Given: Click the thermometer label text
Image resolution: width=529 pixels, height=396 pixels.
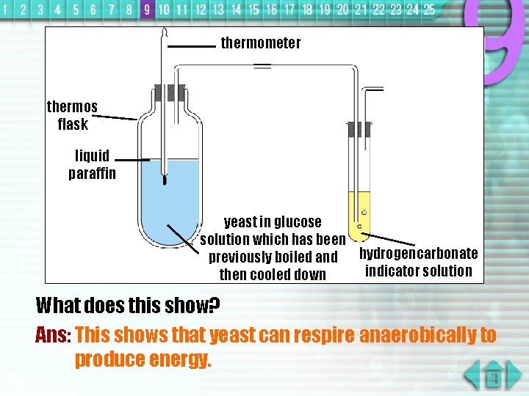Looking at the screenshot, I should [261, 43].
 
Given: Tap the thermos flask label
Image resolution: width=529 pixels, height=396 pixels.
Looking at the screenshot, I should [72, 115].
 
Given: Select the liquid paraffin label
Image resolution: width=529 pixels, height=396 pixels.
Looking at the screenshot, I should [92, 164].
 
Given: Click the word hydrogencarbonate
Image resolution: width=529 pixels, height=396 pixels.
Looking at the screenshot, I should [418, 254].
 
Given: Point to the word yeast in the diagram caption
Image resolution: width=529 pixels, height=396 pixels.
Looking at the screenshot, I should [240, 222].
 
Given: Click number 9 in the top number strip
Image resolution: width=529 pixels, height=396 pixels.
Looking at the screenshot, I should [146, 10].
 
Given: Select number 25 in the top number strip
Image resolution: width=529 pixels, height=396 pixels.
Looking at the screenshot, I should [429, 10].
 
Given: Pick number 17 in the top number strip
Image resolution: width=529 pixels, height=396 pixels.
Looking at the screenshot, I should [289, 10].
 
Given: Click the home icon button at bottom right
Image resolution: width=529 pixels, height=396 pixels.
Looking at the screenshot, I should [494, 378].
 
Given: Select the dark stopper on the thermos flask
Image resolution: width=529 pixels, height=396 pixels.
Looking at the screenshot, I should [170, 93].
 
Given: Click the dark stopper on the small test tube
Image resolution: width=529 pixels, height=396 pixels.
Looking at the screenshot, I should [359, 130].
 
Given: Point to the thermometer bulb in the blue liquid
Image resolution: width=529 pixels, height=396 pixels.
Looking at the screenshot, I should [165, 178].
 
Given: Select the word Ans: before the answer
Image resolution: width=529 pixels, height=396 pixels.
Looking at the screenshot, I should [53, 336].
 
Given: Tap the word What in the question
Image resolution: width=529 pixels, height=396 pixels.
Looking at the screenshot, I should [58, 304].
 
